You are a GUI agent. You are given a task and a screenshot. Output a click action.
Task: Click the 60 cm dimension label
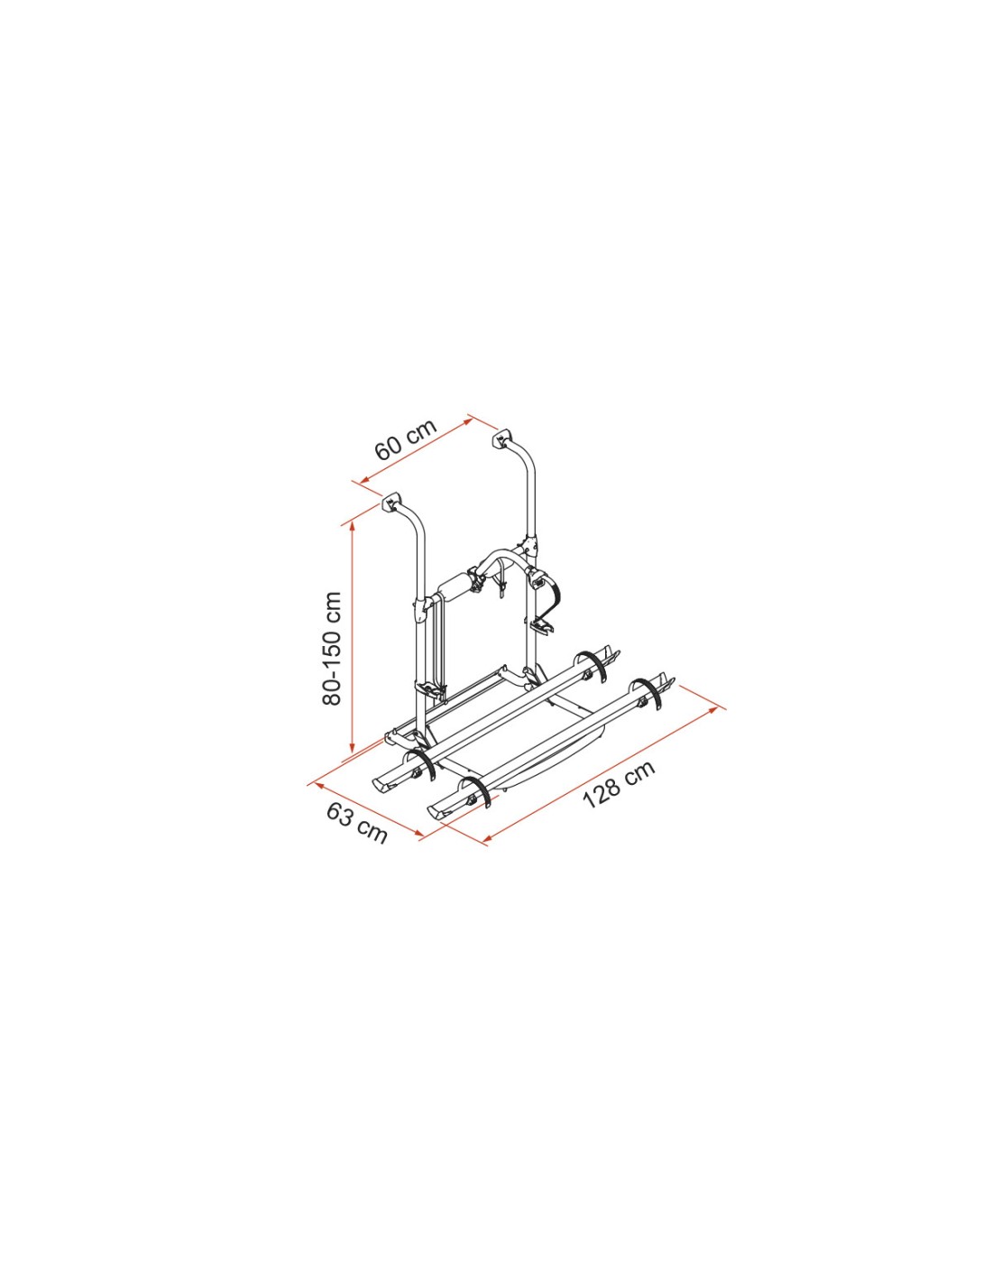coord(405,440)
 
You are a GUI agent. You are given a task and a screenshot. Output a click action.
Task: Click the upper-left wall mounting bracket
coord(390,503)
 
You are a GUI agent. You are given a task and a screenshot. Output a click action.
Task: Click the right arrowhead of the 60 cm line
coord(469,420)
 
